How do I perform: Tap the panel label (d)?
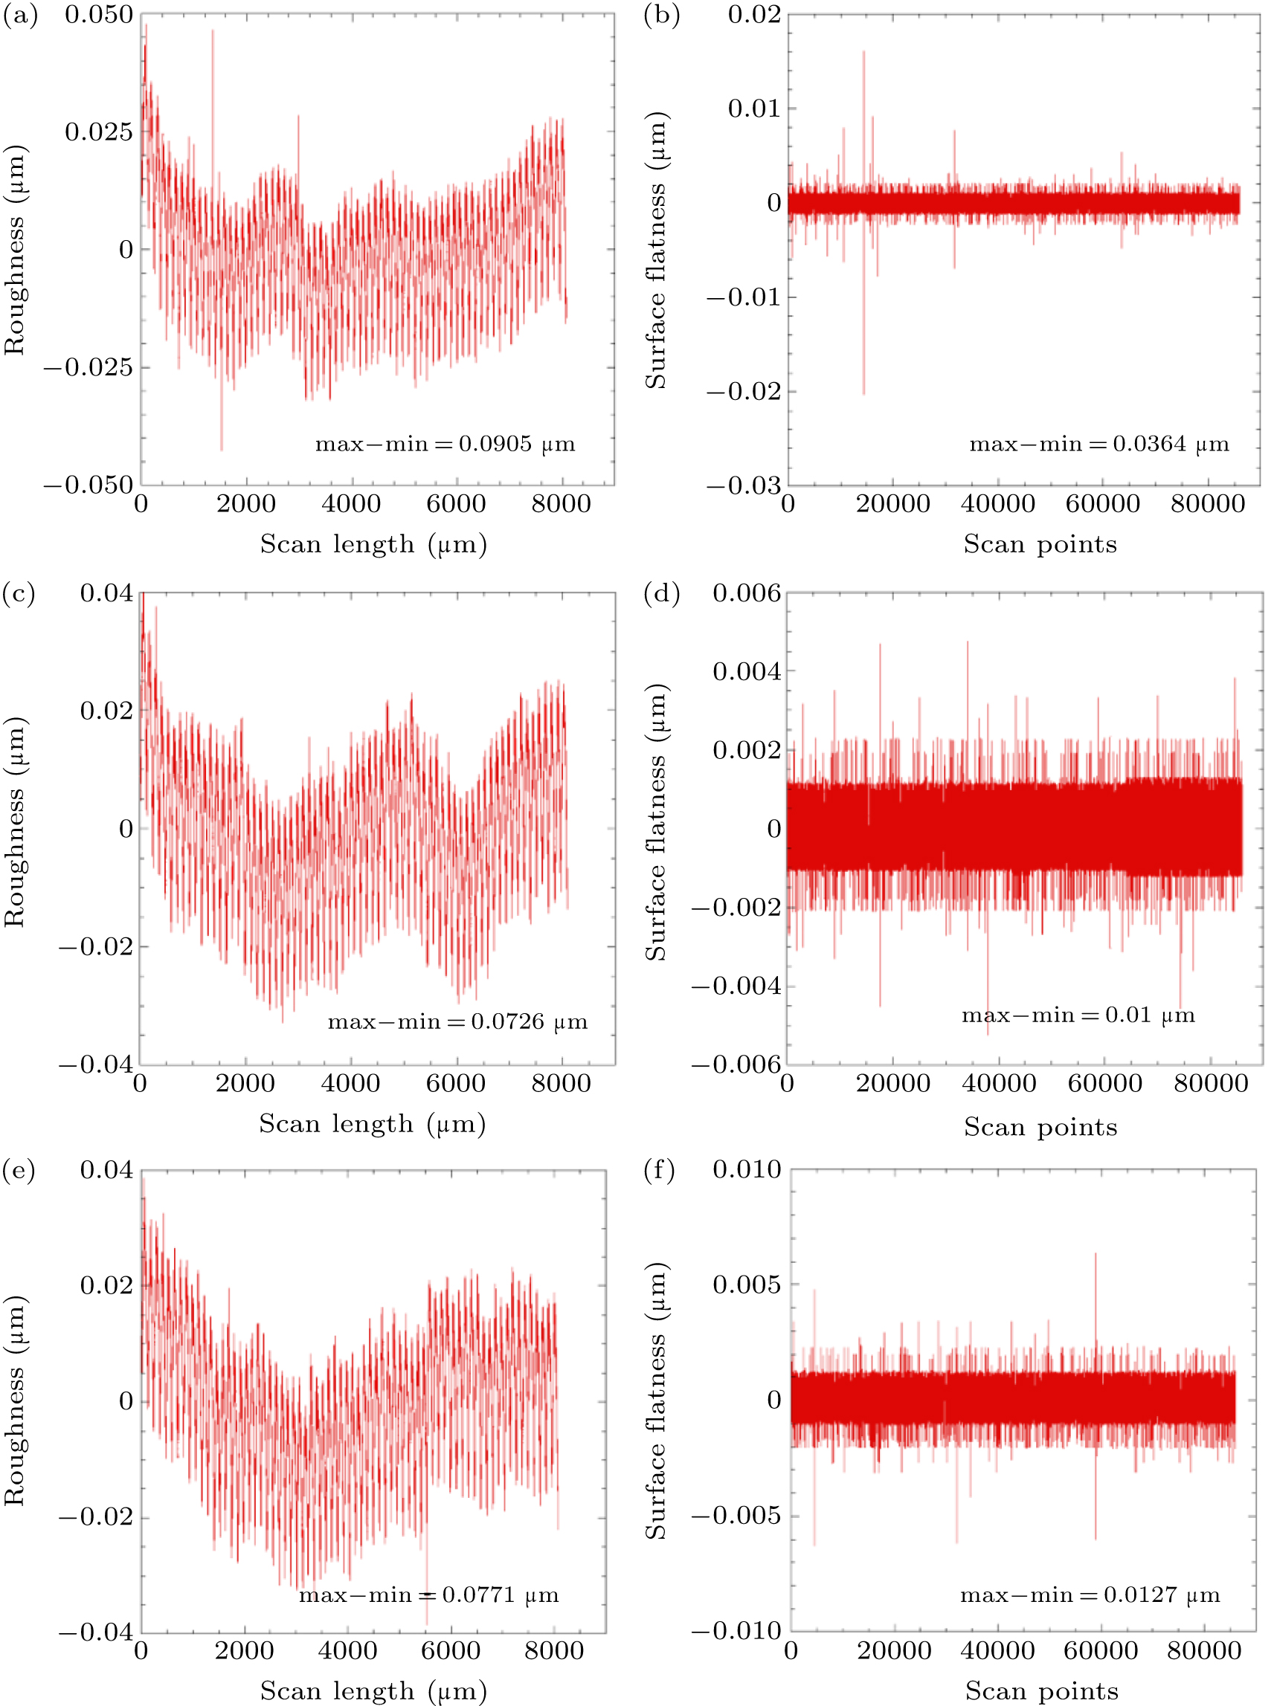661,594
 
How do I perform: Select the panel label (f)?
659,1170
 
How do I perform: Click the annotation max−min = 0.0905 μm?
445,444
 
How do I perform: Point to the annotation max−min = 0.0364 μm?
1099,444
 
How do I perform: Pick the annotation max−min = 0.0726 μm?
457,1022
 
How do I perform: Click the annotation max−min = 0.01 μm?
1078,1015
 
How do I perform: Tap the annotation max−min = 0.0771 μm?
429,1595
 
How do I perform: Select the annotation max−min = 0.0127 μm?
1090,1595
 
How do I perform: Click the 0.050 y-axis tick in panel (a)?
99,15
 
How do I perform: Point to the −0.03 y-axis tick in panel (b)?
744,485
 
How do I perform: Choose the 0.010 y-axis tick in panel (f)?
747,1169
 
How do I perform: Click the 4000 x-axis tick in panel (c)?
351,1083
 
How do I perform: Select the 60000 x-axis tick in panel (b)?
1103,504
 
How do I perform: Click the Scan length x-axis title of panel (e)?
373,1690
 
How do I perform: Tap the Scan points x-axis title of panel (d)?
1040,1128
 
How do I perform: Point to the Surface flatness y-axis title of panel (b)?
655,251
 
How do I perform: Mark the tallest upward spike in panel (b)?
863,53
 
